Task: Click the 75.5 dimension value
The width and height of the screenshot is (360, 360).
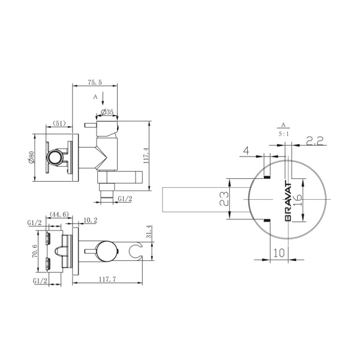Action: pyautogui.click(x=95, y=82)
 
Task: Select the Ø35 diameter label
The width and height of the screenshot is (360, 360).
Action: pyautogui.click(x=107, y=112)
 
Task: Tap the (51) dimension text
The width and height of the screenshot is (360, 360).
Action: pyautogui.click(x=59, y=123)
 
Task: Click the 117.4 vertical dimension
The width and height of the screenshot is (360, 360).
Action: pyautogui.click(x=146, y=155)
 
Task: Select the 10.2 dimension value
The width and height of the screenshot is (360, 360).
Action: pyautogui.click(x=90, y=220)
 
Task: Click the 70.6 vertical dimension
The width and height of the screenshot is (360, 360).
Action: pyautogui.click(x=35, y=251)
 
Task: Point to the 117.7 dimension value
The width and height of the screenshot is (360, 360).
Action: pyautogui.click(x=107, y=279)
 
